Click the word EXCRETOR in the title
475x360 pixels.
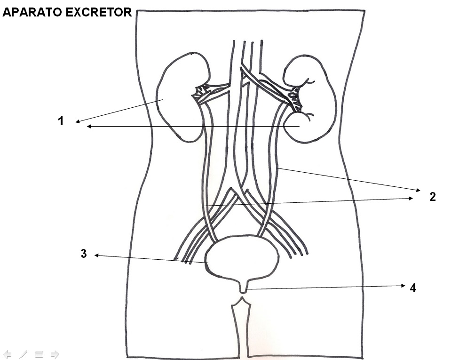point(99,13)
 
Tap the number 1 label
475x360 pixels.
point(61,121)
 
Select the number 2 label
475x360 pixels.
point(433,197)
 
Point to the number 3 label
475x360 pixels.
point(84,254)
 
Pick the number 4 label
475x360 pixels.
point(413,288)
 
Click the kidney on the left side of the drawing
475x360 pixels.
point(181,96)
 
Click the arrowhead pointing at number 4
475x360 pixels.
point(403,286)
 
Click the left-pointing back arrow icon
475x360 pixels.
point(8,354)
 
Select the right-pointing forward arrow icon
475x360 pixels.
point(55,354)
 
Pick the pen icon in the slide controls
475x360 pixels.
point(23,354)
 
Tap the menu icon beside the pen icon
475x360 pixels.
point(39,354)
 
